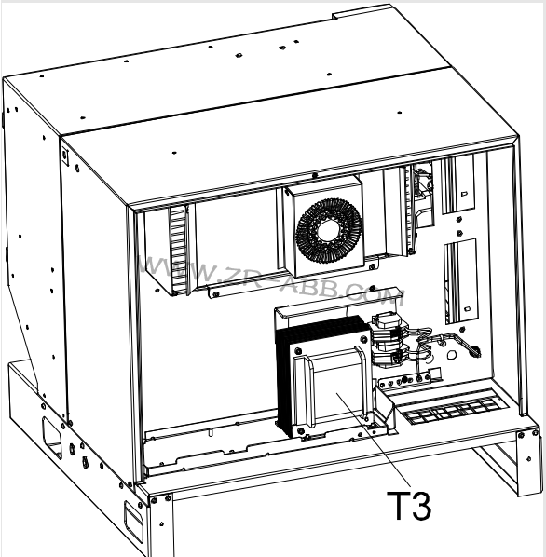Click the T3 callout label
[x=409, y=505]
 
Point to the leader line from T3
[x=373, y=439]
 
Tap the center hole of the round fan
[x=329, y=231]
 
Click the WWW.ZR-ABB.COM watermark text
[x=273, y=280]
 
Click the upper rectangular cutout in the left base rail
[x=52, y=436]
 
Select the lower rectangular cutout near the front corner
[x=133, y=520]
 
